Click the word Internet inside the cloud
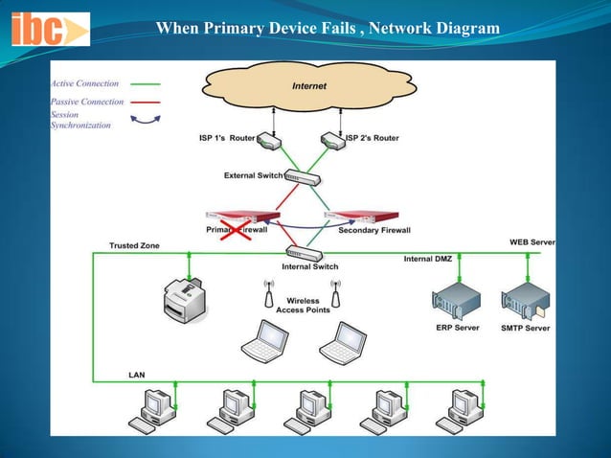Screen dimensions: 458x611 pyautogui.click(x=308, y=86)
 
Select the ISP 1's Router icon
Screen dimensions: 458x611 pyautogui.click(x=270, y=141)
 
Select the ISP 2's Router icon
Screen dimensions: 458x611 pyautogui.click(x=331, y=141)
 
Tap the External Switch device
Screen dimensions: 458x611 pyautogui.click(x=302, y=177)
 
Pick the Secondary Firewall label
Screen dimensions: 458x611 pyautogui.click(x=374, y=231)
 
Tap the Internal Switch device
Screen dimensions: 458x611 pyautogui.click(x=303, y=254)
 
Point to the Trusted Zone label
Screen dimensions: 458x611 pyautogui.click(x=135, y=246)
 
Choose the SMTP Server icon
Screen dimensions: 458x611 pyautogui.click(x=525, y=300)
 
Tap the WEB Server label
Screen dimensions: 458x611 pyautogui.click(x=532, y=242)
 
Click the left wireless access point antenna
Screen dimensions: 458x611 pyautogui.click(x=269, y=288)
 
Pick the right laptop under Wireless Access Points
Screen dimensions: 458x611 pyautogui.click(x=343, y=342)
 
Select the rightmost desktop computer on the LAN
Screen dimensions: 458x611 pyautogui.click(x=457, y=410)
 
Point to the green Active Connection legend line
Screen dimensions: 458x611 pyautogui.click(x=145, y=83)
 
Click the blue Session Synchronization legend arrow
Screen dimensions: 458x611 pyautogui.click(x=145, y=119)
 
